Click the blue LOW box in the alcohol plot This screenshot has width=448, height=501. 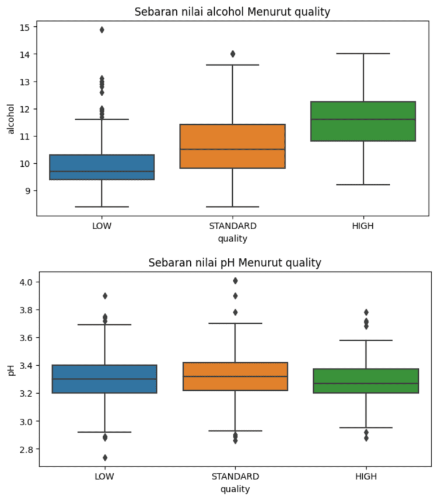coord(102,167)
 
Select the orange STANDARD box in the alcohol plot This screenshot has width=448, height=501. coord(233,146)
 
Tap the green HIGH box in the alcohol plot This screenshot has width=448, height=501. coord(363,121)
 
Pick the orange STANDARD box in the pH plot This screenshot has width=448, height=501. coord(235,376)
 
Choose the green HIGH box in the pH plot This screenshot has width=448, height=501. coord(366,381)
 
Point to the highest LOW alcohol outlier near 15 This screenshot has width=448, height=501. coord(102,30)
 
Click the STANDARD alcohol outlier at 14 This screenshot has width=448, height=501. coord(233,54)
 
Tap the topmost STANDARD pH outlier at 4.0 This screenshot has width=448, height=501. coord(235,281)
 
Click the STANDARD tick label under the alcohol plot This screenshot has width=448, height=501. coord(233,226)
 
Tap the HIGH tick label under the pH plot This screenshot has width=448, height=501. coord(366,477)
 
